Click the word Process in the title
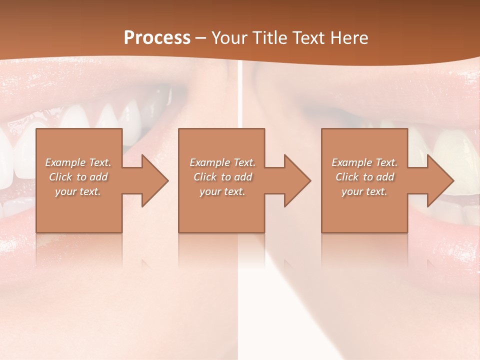[157, 37]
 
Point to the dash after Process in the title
[200, 38]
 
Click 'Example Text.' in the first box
[78, 162]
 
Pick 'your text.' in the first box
[78, 191]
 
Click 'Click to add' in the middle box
[222, 177]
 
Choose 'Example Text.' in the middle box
[222, 162]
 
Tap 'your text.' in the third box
[364, 191]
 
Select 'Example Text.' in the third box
[364, 162]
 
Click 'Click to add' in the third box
[364, 177]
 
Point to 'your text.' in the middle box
[222, 191]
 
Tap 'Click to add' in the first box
[78, 177]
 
